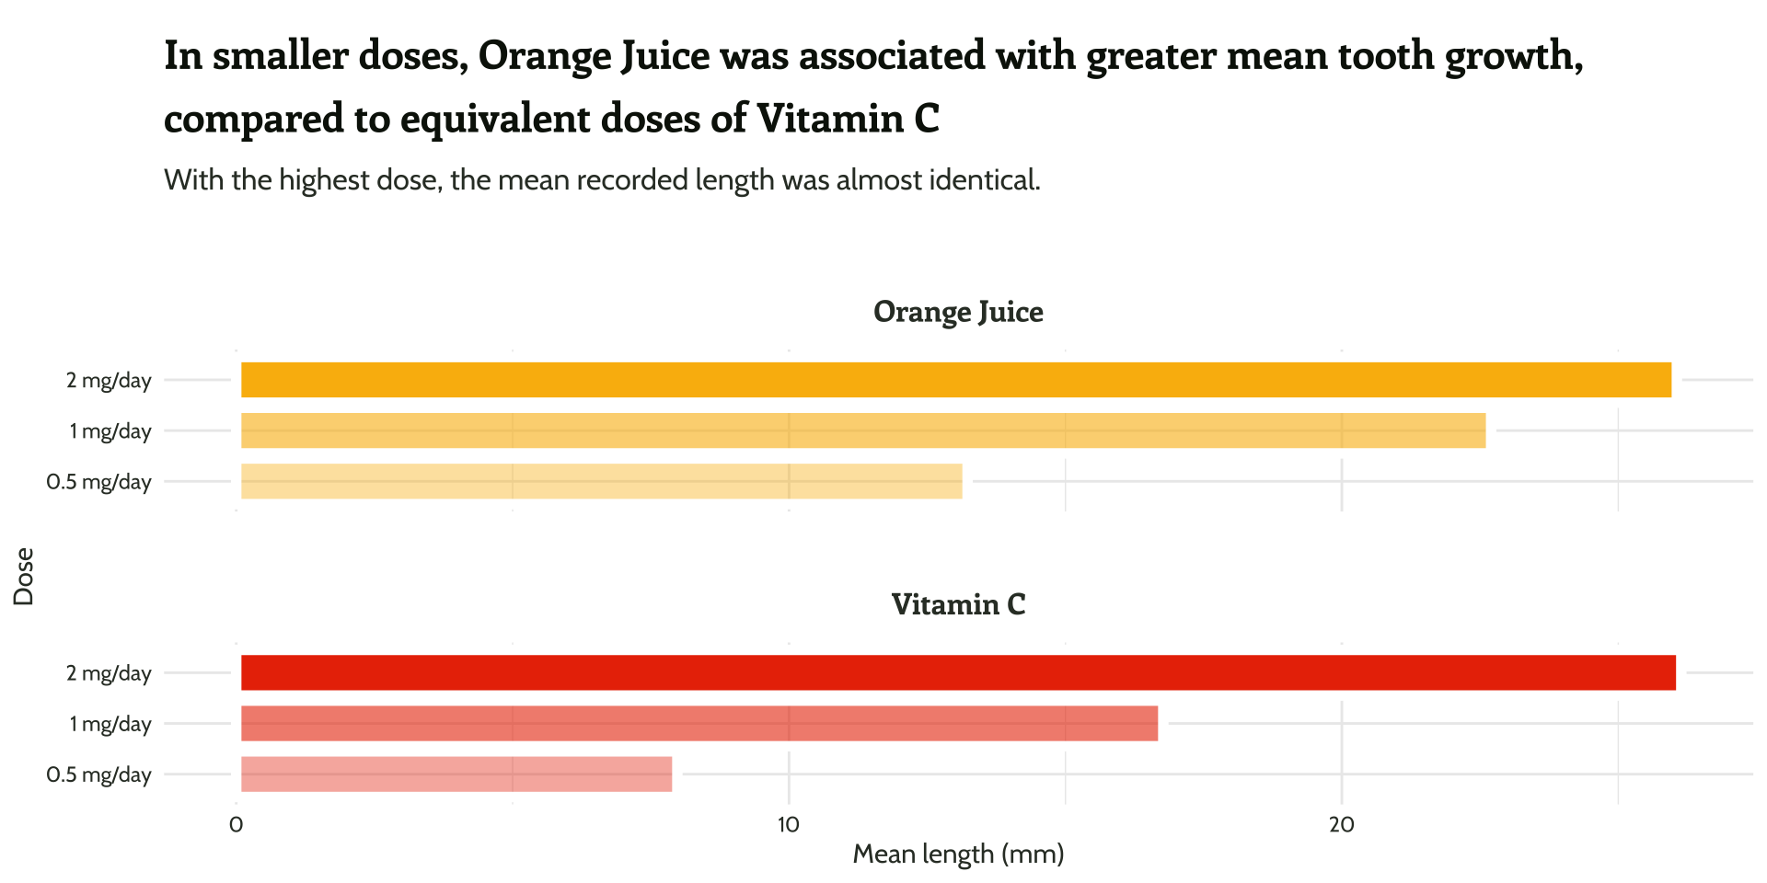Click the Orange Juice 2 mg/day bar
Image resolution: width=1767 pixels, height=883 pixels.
tap(955, 380)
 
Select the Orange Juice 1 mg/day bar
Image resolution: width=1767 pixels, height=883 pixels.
tap(862, 430)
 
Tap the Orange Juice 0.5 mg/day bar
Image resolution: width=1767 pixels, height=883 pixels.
tap(601, 481)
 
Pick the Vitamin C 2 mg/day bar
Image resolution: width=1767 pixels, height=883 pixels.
tap(958, 672)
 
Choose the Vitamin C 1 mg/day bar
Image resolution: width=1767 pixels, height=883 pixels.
tap(699, 723)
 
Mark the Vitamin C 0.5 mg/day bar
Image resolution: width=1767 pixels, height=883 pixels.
tap(456, 774)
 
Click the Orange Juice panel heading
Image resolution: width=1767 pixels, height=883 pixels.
tap(958, 312)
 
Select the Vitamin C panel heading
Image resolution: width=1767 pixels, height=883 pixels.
tap(958, 604)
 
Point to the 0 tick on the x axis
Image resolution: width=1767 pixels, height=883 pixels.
tap(237, 824)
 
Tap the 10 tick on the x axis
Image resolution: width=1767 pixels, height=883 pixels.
tap(789, 824)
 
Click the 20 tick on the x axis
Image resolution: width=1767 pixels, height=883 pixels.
tap(1341, 824)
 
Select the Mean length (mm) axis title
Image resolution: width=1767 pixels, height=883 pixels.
tap(958, 854)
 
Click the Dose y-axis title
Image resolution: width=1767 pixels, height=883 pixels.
tap(24, 577)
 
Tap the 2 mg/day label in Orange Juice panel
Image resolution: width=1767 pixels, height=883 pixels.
tap(109, 380)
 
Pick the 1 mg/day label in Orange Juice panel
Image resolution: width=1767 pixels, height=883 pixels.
tap(110, 430)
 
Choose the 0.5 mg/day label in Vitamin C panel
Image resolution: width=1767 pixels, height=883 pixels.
tap(98, 774)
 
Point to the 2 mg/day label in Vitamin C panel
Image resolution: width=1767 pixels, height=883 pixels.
tap(109, 673)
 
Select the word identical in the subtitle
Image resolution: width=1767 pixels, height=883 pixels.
tap(985, 179)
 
